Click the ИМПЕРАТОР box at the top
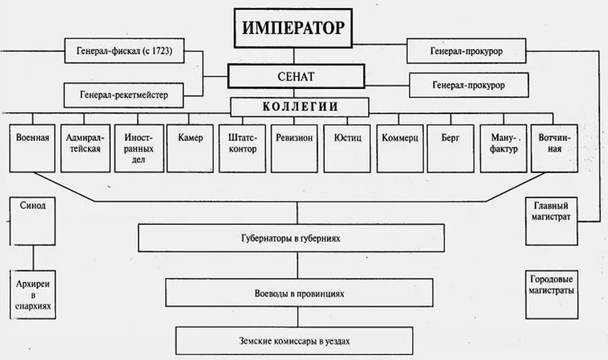[x=293, y=28]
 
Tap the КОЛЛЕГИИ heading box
[x=299, y=106]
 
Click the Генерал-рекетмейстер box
[x=124, y=94]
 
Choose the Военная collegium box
[x=32, y=148]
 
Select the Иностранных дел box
[x=139, y=148]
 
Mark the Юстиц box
[x=347, y=148]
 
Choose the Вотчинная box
[x=554, y=148]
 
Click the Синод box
[x=32, y=221]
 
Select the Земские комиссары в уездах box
[x=294, y=340]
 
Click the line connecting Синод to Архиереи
[x=32, y=257]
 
